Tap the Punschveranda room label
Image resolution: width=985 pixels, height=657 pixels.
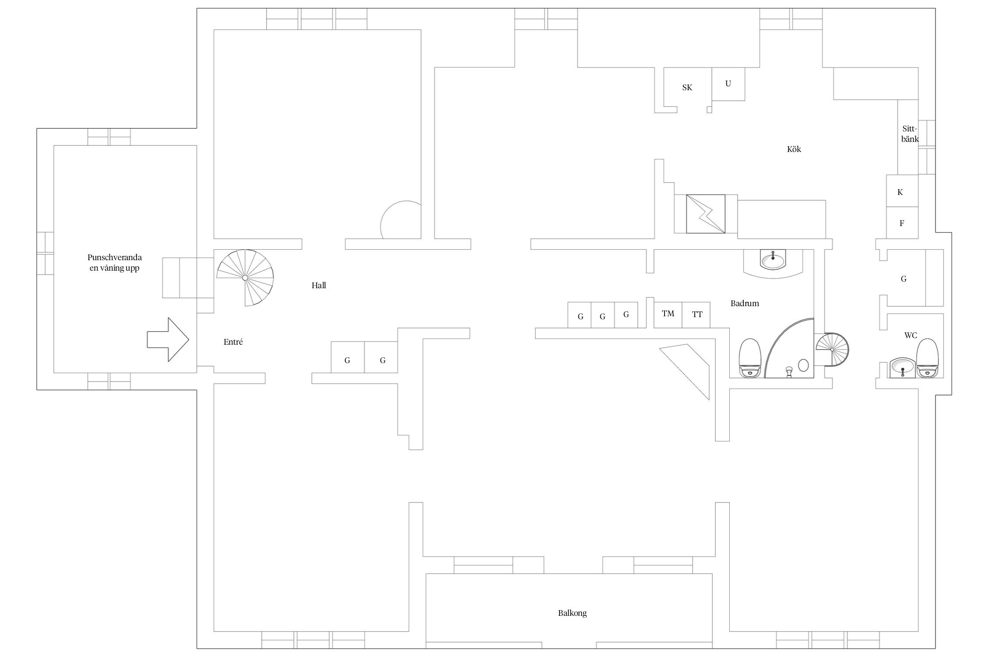point(114,262)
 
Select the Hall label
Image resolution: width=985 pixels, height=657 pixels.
point(319,286)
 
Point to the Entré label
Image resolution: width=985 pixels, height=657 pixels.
point(233,342)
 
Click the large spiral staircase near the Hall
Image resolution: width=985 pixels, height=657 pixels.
point(245,278)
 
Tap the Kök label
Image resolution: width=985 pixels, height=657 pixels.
point(794,149)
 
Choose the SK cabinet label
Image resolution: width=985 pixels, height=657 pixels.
point(687,88)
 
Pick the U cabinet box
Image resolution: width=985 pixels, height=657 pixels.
point(728,84)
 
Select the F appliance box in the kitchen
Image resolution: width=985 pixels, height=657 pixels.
point(902,223)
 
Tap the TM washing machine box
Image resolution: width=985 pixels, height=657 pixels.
point(668,314)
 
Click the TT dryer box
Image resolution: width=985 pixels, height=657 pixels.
point(697,314)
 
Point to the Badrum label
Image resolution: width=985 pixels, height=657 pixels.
point(745,303)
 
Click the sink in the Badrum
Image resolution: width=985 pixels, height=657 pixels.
point(773,261)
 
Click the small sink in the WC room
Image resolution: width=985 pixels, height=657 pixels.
point(902,367)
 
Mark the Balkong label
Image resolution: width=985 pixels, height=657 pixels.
point(572,613)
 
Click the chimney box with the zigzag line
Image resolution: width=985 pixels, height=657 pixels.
point(705,214)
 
